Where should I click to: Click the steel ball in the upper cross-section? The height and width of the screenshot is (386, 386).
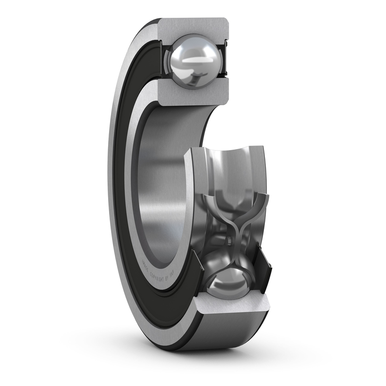pyautogui.click(x=192, y=62)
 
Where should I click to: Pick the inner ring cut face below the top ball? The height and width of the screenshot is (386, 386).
pyautogui.click(x=193, y=96)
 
